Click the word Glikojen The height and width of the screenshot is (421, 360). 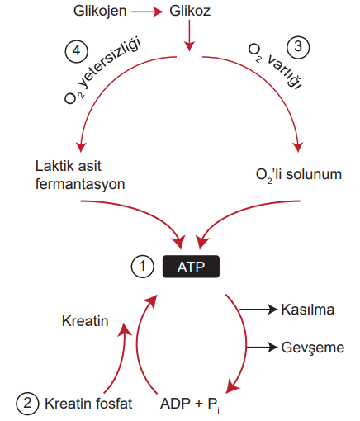[x=100, y=12]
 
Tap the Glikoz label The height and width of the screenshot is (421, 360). [x=190, y=11]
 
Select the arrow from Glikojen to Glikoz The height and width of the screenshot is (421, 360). [x=147, y=12]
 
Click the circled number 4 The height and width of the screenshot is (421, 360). [x=77, y=51]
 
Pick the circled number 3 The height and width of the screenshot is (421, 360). [x=298, y=47]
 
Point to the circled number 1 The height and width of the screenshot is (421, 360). [x=142, y=267]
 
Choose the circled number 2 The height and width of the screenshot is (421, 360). [x=27, y=404]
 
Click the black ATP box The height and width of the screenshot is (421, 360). [x=191, y=267]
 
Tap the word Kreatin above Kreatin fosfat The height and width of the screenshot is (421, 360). [x=85, y=321]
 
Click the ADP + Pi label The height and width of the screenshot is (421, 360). [x=190, y=404]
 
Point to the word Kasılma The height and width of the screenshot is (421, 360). [x=308, y=310]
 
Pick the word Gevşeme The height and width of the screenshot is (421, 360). [x=313, y=348]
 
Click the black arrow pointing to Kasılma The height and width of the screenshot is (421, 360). [x=258, y=310]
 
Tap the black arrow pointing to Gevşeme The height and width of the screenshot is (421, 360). [x=262, y=348]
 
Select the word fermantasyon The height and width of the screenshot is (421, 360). [x=80, y=184]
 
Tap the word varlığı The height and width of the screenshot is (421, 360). [x=284, y=72]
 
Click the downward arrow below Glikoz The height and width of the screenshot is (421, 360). [x=189, y=35]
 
